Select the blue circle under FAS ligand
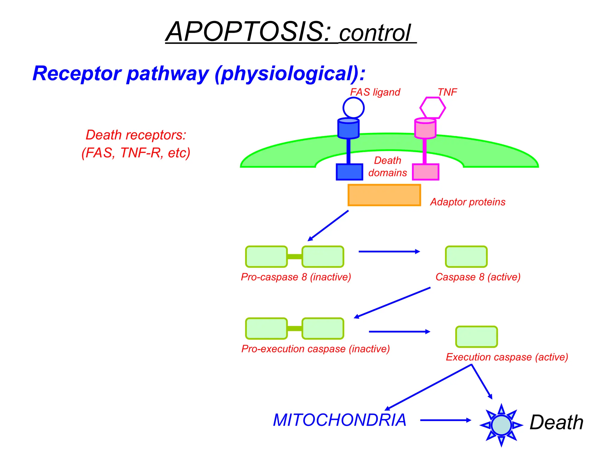(353, 108)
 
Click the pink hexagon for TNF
(432, 108)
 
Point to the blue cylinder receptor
(348, 129)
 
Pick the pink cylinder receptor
(425, 129)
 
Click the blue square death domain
(349, 172)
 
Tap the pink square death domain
(426, 172)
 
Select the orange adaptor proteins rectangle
(384, 195)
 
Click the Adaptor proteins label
(468, 202)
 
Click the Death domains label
(387, 167)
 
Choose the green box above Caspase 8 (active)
(466, 257)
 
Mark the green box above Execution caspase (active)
(476, 337)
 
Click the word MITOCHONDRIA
(339, 420)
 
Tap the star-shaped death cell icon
(501, 425)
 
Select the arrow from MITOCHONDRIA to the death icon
(445, 420)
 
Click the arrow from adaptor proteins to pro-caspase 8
(328, 226)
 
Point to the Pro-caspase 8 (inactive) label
(296, 277)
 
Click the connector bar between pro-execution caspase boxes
(294, 328)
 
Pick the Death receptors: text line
(136, 135)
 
